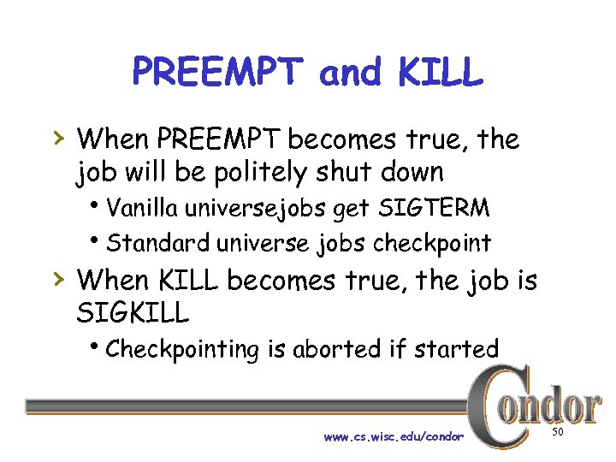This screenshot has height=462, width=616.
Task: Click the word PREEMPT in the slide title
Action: (x=217, y=74)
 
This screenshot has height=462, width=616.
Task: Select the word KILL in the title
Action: (x=441, y=74)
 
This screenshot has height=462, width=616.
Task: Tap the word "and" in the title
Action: (x=351, y=74)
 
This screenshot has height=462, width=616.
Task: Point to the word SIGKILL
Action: (x=133, y=312)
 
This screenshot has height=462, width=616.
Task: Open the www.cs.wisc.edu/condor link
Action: (x=394, y=436)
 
